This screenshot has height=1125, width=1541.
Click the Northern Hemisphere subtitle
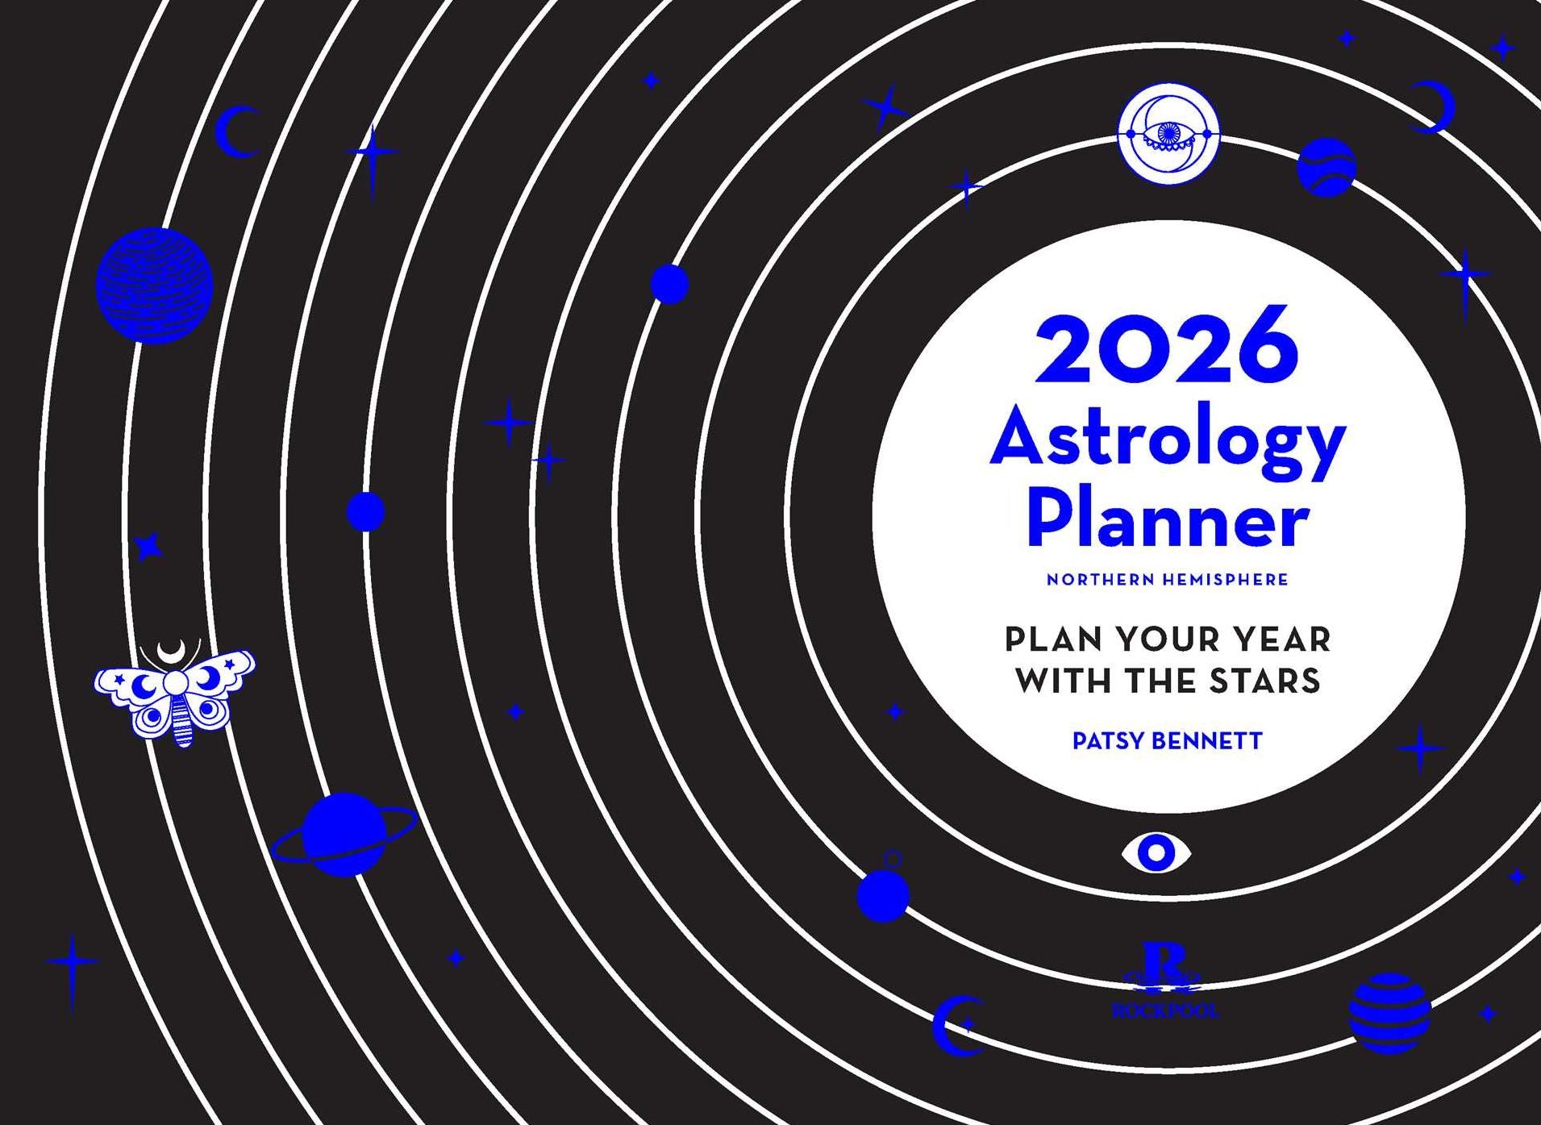[1167, 580]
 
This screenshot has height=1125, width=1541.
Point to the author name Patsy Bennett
[1167, 741]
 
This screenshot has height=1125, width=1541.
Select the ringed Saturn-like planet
[344, 834]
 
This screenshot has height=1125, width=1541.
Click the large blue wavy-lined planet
[154, 285]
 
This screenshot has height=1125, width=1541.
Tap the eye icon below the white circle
[1156, 852]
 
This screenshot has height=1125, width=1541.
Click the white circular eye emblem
[1168, 134]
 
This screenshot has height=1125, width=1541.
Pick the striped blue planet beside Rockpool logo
[1389, 1013]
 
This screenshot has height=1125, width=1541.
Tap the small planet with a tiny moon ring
[883, 894]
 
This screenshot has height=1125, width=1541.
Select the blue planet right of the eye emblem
[1326, 167]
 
